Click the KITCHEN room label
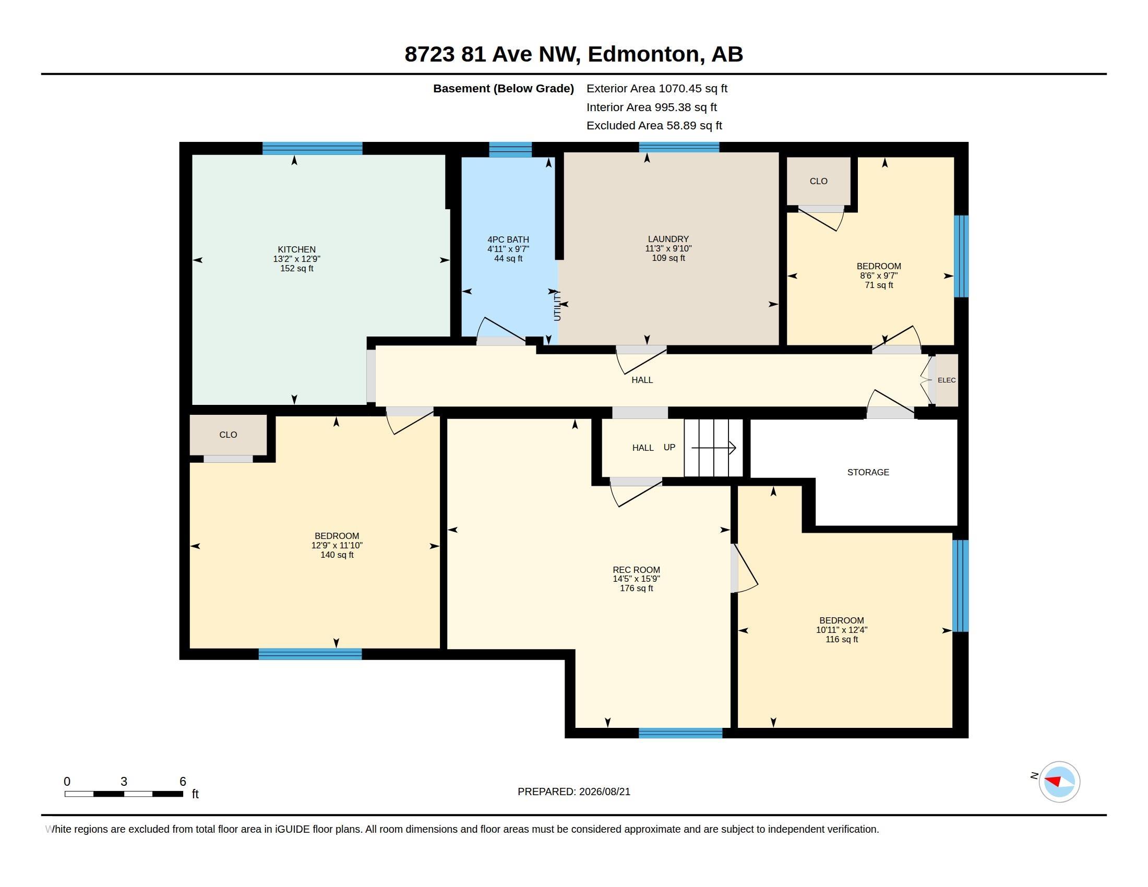pyautogui.click(x=296, y=249)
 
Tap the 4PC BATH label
pyautogui.click(x=508, y=239)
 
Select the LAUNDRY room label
pyautogui.click(x=668, y=239)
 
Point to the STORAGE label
pyautogui.click(x=868, y=472)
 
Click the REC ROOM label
pyautogui.click(x=636, y=570)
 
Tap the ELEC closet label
pyautogui.click(x=947, y=380)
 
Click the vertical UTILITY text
pyautogui.click(x=558, y=305)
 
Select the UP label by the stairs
pyautogui.click(x=669, y=447)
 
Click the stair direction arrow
pyautogui.click(x=713, y=448)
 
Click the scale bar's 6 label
pyautogui.click(x=183, y=782)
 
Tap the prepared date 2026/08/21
pyautogui.click(x=604, y=792)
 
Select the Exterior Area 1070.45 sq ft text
pyautogui.click(x=656, y=88)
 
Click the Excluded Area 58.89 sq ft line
pyautogui.click(x=654, y=126)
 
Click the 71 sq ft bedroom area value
pyautogui.click(x=879, y=285)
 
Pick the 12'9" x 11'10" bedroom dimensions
pyautogui.click(x=337, y=545)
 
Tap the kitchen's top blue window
pyautogui.click(x=312, y=148)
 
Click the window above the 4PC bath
pyautogui.click(x=510, y=150)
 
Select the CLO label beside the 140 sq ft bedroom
pyautogui.click(x=228, y=435)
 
